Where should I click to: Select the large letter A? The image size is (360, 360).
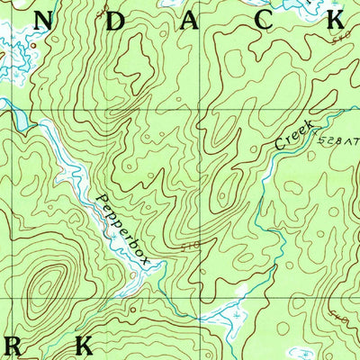coord(189,22)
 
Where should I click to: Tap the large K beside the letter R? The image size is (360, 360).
coord(85,345)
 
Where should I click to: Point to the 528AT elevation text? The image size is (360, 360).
coord(335,142)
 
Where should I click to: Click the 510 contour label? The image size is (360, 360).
coord(190,245)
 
